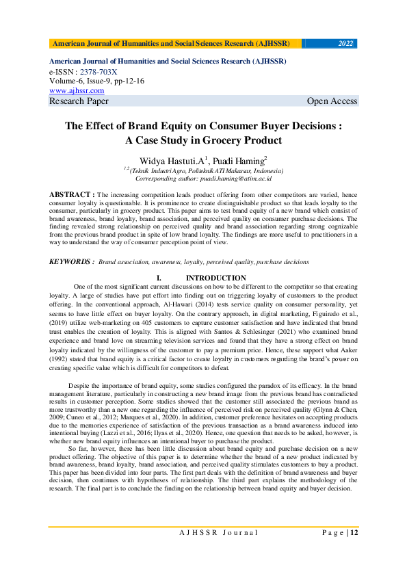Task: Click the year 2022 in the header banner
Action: (x=345, y=44)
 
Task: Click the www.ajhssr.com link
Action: (x=77, y=90)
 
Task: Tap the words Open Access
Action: (x=332, y=101)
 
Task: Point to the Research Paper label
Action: (x=79, y=101)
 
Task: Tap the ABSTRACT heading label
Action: (x=72, y=195)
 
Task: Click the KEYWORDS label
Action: (x=71, y=261)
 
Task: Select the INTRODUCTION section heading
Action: (x=215, y=278)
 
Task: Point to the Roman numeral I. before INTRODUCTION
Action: (x=159, y=278)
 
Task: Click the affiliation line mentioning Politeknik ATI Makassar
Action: (x=203, y=170)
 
